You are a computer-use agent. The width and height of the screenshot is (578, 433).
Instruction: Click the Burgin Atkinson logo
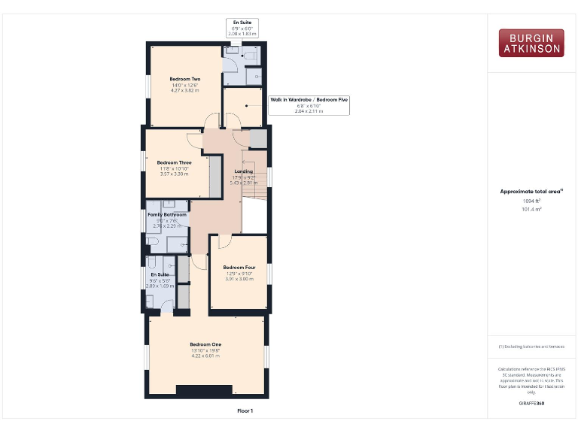[x=531, y=43]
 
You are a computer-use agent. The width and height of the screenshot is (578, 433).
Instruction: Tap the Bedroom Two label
[x=184, y=79]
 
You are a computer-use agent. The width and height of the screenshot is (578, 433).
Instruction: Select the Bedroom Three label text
[x=174, y=162]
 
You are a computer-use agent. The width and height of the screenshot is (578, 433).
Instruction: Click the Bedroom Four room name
[x=239, y=268]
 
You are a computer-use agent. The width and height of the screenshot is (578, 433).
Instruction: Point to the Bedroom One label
[x=205, y=345]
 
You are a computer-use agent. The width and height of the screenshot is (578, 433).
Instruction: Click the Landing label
[x=244, y=171]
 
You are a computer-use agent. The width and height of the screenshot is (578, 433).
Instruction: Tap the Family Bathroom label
[x=166, y=215]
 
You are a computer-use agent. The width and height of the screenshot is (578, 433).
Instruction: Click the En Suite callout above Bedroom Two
[x=242, y=28]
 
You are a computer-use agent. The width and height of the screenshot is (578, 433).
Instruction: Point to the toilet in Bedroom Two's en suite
[x=249, y=55]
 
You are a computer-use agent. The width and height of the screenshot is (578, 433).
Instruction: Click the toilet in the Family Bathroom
[x=153, y=241]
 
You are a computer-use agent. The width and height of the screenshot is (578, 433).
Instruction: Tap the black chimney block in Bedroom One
[x=204, y=389]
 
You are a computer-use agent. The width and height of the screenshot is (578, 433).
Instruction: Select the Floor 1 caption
[x=245, y=411]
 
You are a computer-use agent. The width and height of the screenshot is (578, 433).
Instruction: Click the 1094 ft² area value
[x=531, y=201]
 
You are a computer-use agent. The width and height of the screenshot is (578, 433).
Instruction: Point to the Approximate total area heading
[x=531, y=192]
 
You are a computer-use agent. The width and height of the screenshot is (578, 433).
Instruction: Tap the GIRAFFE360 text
[x=531, y=404]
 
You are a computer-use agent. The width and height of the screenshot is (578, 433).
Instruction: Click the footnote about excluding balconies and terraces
[x=531, y=347]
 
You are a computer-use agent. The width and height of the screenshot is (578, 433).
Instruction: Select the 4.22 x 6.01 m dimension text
[x=205, y=356]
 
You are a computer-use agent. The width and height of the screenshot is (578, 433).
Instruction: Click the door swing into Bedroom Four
[x=224, y=242]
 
